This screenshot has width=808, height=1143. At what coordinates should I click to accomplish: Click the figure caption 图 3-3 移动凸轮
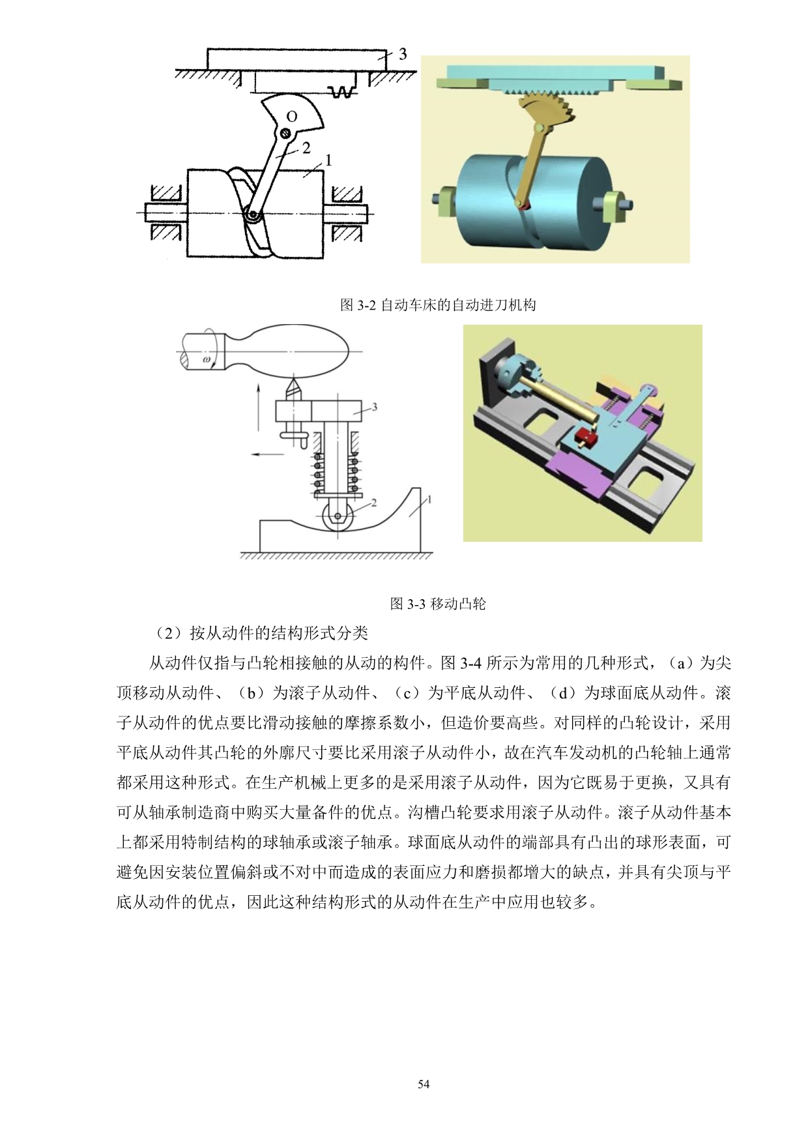coord(438,604)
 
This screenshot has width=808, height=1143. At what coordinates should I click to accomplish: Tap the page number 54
coord(424,1084)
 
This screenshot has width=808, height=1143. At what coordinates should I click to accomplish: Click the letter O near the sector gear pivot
coord(291,117)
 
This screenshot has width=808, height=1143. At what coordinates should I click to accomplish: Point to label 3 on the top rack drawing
coord(403,55)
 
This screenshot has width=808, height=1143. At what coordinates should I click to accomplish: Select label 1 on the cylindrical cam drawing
coord(328,160)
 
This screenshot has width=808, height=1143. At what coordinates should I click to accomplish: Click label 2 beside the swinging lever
coord(306,148)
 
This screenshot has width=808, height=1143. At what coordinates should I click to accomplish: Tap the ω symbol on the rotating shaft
coord(207,359)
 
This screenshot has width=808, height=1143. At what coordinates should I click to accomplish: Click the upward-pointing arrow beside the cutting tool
coord(259,407)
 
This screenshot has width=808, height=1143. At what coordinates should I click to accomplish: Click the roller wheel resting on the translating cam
coord(338,516)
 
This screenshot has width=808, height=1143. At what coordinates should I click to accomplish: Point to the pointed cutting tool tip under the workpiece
coord(293,378)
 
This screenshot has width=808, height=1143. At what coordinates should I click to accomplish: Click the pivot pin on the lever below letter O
coord(285,134)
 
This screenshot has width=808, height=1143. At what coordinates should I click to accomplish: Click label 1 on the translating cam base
coord(429,500)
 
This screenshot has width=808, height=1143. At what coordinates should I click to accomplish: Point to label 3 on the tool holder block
coord(374,407)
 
